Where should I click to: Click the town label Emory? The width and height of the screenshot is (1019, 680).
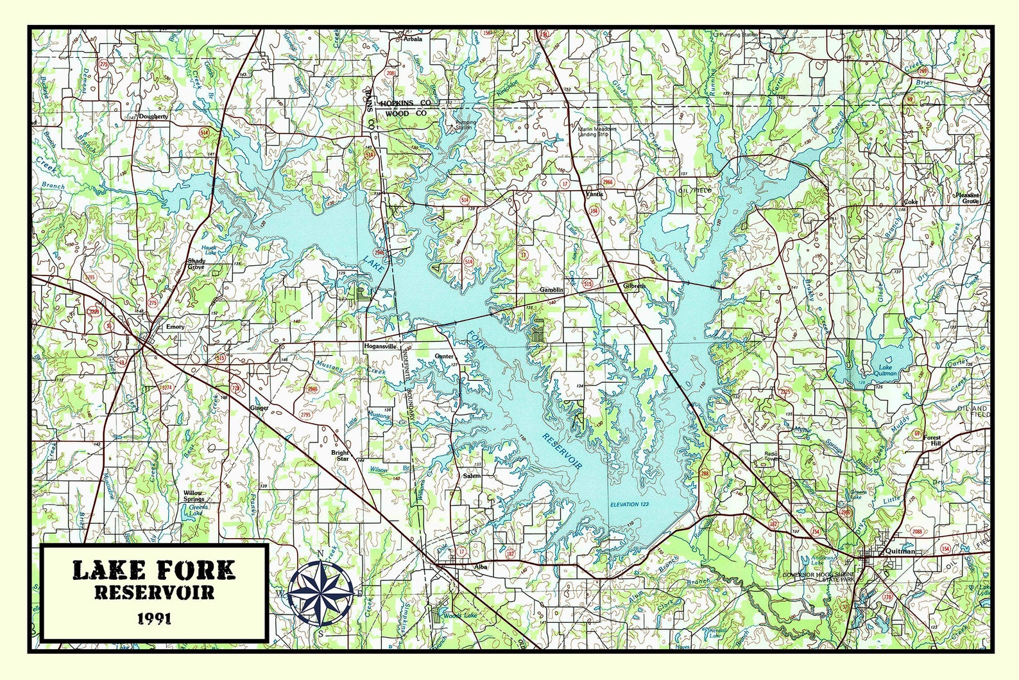pos(175,327)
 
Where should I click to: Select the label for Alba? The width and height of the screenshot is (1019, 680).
pos(481,567)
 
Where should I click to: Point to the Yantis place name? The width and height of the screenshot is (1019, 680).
pos(595,194)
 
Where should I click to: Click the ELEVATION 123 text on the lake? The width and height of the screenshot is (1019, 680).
pos(629,504)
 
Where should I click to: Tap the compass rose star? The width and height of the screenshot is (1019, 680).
pos(320,593)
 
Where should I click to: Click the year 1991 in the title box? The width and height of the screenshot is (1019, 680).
pos(154,618)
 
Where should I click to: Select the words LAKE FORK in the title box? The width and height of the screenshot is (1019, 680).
pos(154,570)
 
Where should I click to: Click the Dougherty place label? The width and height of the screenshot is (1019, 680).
pos(153,117)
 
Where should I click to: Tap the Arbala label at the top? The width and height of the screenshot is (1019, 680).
pos(413,39)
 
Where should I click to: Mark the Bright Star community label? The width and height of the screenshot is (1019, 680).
pos(339,455)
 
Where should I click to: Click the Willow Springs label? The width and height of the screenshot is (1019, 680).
pos(193,496)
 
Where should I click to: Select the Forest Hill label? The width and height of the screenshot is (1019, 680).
pos(932,440)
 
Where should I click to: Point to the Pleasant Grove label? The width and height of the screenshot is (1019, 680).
pos(968,198)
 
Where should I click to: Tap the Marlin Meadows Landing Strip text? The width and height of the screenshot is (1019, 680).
pos(597,132)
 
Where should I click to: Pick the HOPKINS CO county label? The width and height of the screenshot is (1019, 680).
pos(405,103)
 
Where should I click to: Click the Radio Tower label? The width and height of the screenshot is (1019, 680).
pos(771,457)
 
